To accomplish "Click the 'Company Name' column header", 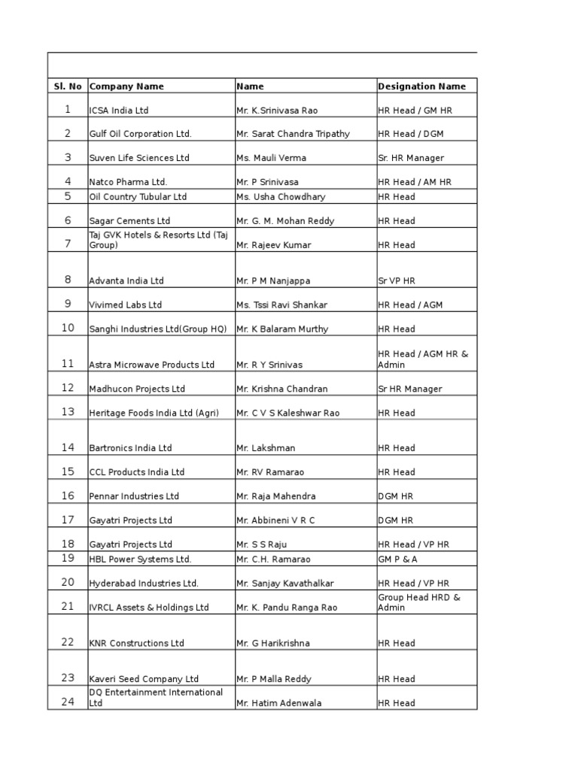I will click(126, 86).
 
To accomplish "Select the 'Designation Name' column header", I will click(421, 86).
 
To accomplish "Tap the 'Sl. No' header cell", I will click(68, 86).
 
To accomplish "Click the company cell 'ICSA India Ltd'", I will click(119, 111).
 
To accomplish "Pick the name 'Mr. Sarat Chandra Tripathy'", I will click(293, 134).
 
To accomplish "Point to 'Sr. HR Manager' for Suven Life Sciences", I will click(411, 158).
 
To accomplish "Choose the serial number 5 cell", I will click(68, 196).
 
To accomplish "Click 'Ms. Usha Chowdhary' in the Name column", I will click(281, 197).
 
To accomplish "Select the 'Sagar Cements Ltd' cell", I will click(129, 221).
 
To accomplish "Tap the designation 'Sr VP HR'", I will click(397, 281).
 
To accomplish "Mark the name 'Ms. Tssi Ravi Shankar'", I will click(282, 305).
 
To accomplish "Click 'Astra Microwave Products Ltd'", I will click(152, 365).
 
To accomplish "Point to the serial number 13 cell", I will click(68, 412).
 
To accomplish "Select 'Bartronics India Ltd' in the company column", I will click(130, 448).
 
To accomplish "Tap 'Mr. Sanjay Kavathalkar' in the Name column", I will click(285, 584).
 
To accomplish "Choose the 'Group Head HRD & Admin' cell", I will click(419, 602).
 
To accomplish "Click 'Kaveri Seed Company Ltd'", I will click(144, 679).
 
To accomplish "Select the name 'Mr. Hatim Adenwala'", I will click(278, 703).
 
